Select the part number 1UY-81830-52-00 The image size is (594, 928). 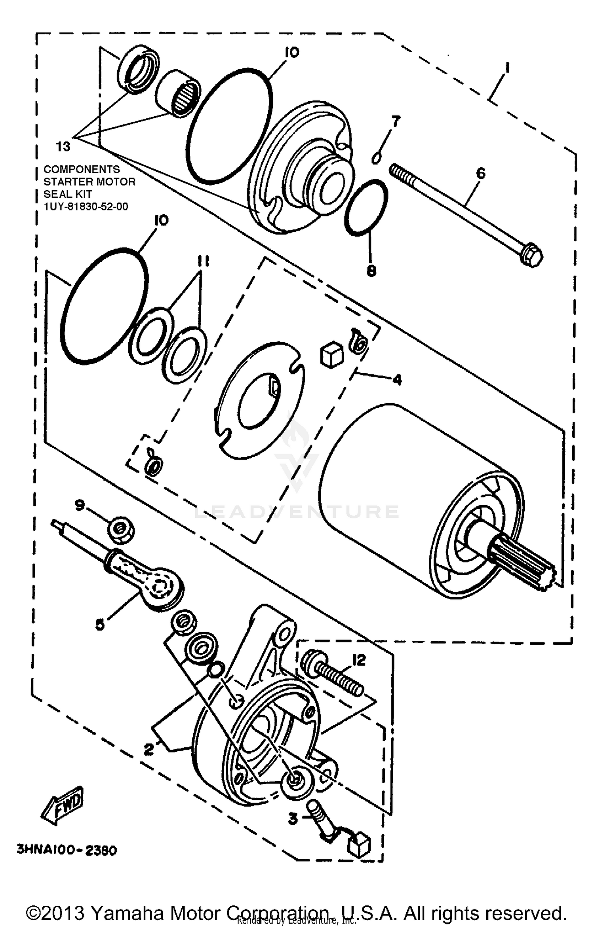point(86,206)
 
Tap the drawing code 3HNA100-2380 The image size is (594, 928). point(67,850)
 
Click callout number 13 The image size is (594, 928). point(63,147)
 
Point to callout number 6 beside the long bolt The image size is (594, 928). point(480,173)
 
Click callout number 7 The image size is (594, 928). point(396,121)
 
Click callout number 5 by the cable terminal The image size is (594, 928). point(100,625)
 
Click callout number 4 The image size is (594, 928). point(397,380)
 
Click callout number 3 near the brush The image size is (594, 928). point(293,819)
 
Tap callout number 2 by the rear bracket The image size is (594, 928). point(149,749)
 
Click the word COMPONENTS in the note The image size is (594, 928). point(82,169)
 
